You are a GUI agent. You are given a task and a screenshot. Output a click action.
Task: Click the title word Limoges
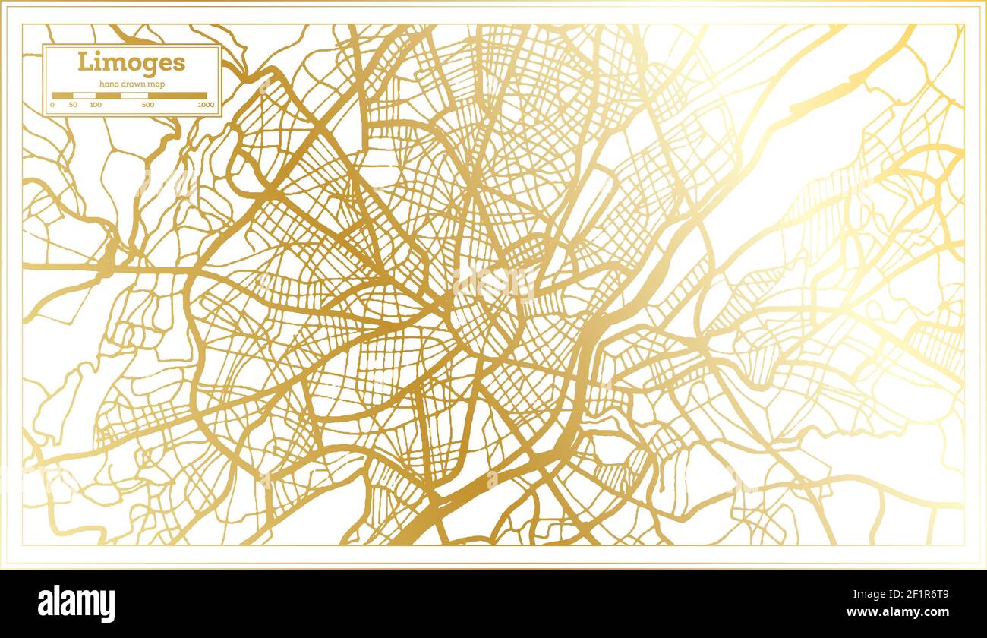click(x=131, y=62)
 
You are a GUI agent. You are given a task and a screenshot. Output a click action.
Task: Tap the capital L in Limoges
click(x=84, y=62)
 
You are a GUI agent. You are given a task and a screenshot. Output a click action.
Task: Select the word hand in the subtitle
click(x=108, y=84)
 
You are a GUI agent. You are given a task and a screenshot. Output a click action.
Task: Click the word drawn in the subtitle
click(x=133, y=84)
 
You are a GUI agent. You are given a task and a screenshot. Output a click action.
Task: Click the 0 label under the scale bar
click(x=52, y=105)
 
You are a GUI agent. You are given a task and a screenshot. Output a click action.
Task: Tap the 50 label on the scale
click(x=73, y=105)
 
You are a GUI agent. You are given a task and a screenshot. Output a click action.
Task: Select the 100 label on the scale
click(x=96, y=105)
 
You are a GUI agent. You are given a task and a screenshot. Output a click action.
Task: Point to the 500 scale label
click(x=147, y=105)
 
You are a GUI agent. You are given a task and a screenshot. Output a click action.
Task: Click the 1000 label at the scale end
click(x=205, y=105)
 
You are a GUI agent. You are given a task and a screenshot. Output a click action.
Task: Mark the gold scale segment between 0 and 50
click(x=62, y=96)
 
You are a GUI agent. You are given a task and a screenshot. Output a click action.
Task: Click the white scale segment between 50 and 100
click(x=84, y=96)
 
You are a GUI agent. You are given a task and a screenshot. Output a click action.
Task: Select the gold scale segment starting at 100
click(x=108, y=96)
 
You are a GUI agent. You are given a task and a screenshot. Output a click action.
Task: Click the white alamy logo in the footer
click(x=77, y=604)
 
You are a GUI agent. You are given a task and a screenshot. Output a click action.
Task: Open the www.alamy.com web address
click(x=903, y=612)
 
